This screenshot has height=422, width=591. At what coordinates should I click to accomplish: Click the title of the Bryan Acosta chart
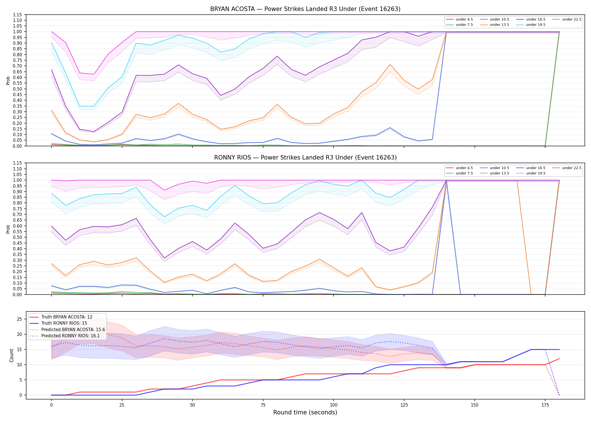coord(305,9)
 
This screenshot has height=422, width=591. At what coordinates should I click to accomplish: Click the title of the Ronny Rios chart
coord(305,158)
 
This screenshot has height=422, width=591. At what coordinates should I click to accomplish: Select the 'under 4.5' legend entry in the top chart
coord(460,19)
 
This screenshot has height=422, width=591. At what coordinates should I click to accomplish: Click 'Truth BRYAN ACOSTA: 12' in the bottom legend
coord(61,317)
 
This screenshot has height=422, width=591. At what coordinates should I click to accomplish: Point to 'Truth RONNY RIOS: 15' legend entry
coord(58,323)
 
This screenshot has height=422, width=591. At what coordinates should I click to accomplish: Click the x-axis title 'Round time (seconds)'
coord(305,412)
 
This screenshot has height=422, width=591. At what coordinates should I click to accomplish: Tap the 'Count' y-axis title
coord(12,355)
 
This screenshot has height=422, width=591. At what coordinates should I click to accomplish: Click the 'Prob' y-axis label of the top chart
coord(8,80)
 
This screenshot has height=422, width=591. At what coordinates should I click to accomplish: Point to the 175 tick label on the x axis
coord(545,405)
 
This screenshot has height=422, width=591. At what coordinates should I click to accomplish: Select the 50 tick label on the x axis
coord(192,405)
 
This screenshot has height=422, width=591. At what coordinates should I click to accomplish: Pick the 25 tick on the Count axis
coord(19,319)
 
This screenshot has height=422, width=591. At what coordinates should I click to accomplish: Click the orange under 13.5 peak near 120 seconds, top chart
coord(390,64)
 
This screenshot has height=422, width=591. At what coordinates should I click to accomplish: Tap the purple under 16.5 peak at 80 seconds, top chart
coord(277,56)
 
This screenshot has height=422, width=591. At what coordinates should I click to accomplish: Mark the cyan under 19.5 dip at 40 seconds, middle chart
coord(164,217)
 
